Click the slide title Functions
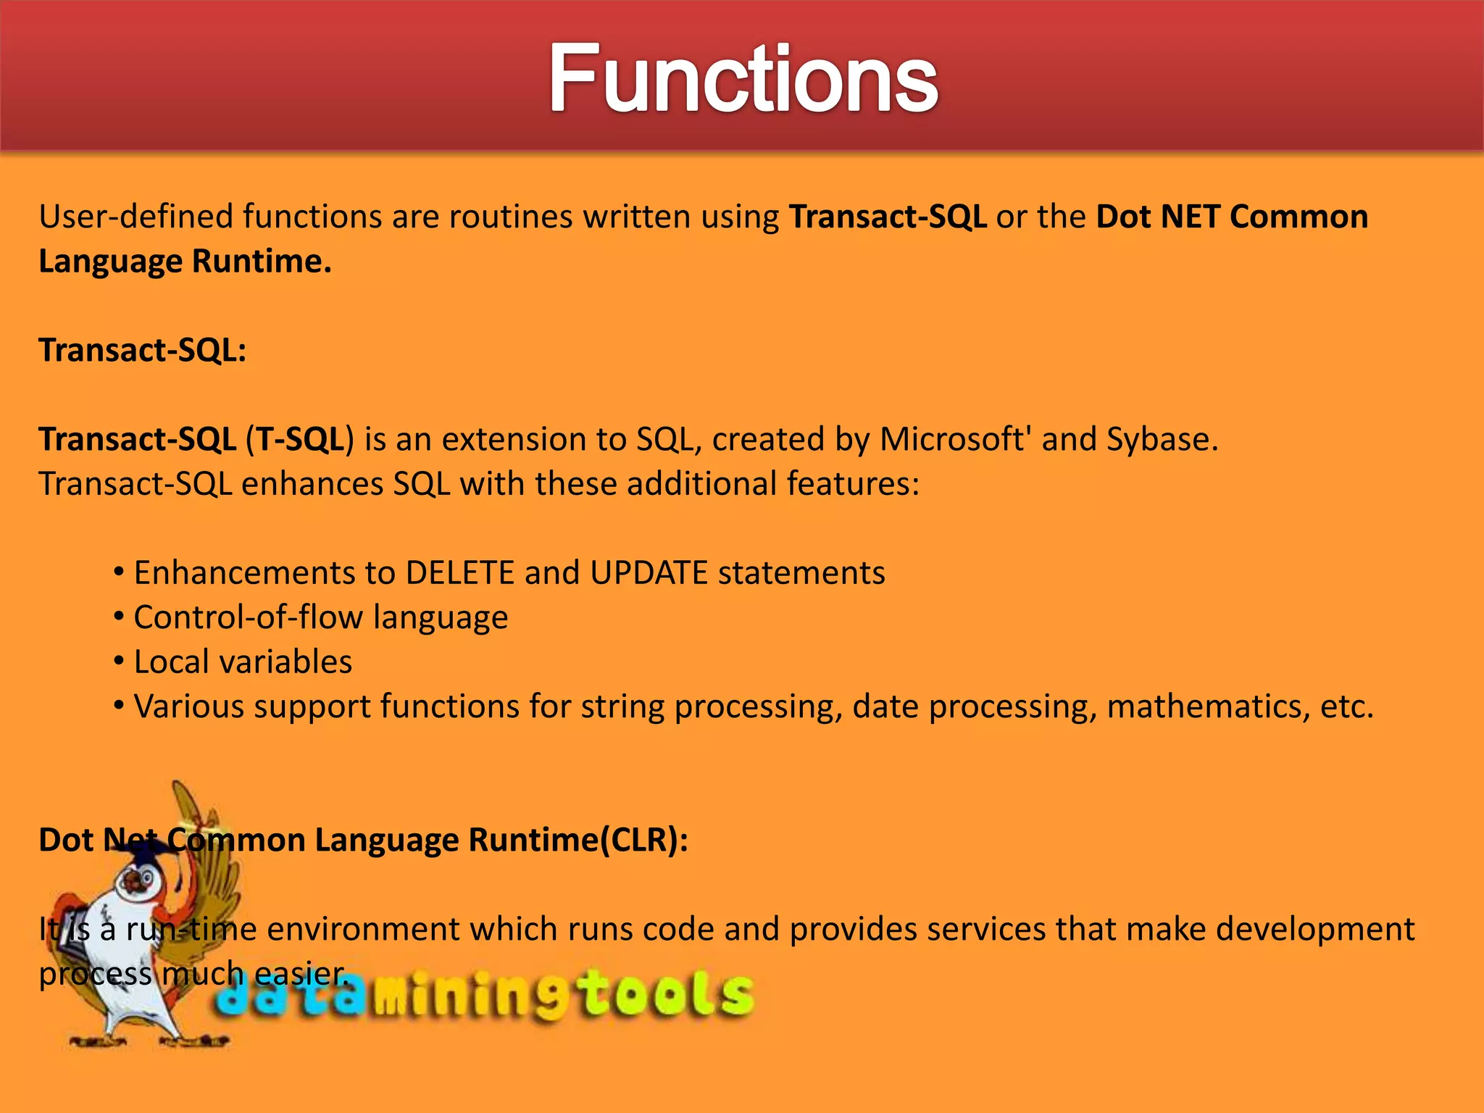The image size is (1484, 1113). [x=742, y=78]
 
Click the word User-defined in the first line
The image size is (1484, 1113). [x=136, y=217]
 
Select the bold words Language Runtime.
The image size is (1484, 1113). [x=185, y=262]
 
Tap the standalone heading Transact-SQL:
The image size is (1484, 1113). [x=143, y=351]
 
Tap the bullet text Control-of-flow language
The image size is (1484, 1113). [x=320, y=618]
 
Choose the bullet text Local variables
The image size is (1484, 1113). [x=243, y=662]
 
